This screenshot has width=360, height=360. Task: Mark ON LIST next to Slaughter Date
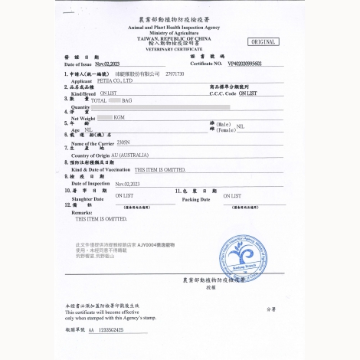(124, 196)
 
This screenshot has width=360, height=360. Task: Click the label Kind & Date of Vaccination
(100, 169)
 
